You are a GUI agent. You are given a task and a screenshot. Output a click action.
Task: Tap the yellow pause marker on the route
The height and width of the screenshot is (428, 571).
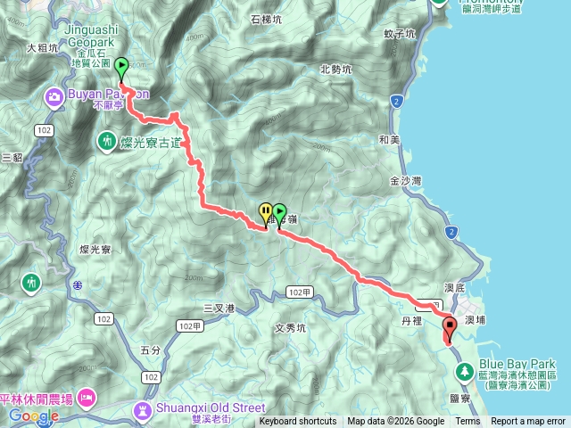(265, 212)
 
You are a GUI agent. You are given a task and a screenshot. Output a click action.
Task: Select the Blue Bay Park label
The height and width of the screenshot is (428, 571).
(517, 364)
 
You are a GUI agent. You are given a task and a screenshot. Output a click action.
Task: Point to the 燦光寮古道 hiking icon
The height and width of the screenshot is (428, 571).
(107, 140)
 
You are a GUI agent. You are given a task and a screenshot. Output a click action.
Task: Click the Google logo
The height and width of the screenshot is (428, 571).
(34, 416)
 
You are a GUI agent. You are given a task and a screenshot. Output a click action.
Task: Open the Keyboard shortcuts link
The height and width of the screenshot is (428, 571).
(298, 422)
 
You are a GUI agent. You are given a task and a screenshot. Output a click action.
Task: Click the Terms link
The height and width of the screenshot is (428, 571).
(468, 422)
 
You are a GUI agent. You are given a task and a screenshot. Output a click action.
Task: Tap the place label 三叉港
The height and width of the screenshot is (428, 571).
(218, 308)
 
